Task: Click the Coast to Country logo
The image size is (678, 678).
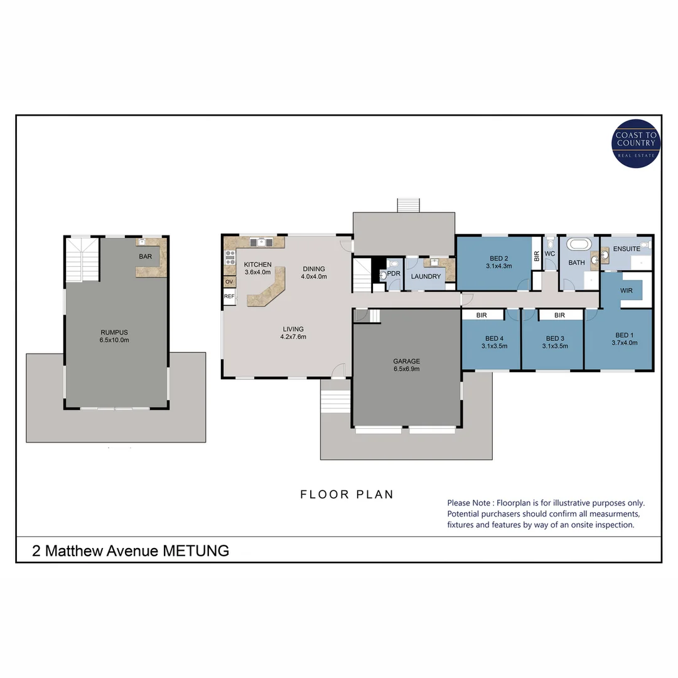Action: [635, 144]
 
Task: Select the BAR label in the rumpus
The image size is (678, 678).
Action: [145, 256]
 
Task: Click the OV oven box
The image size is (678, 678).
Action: [229, 282]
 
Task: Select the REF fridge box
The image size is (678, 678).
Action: [229, 296]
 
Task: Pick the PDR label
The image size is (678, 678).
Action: [394, 274]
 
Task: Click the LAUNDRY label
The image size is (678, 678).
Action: [426, 276]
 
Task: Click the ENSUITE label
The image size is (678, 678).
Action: [627, 249]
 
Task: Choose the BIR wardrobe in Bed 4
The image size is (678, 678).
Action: [483, 315]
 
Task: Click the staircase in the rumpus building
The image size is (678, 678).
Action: [82, 259]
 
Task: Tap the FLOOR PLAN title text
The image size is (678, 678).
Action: [347, 495]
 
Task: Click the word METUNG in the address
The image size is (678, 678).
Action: [196, 551]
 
